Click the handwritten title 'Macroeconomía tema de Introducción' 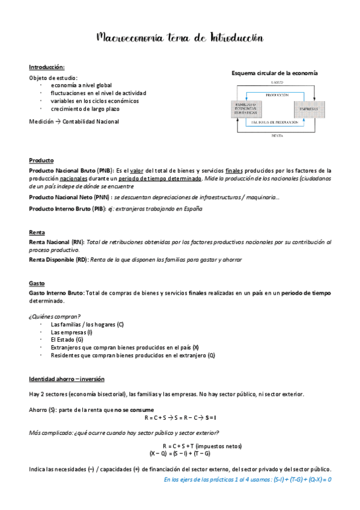pyautogui.click(x=180, y=38)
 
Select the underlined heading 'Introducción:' pyautogui.click(x=47, y=67)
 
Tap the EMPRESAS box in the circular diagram pyautogui.click(x=305, y=109)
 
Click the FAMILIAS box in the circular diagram pyautogui.click(x=246, y=109)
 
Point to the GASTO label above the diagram pyautogui.click(x=276, y=82)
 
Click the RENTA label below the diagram pyautogui.click(x=276, y=136)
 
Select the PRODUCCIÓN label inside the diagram pyautogui.click(x=275, y=94)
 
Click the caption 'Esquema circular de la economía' pyautogui.click(x=275, y=73)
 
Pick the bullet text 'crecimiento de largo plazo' pyautogui.click(x=85, y=109)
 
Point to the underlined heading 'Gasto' pyautogui.click(x=37, y=283)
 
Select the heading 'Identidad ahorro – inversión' pyautogui.click(x=67, y=379)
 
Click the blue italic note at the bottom pyautogui.click(x=248, y=479)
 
